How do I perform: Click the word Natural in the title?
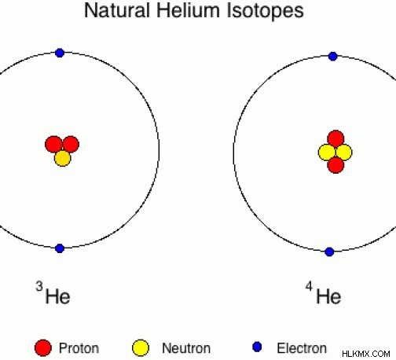(x=117, y=10)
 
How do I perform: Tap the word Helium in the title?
(x=188, y=10)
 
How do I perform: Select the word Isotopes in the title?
(x=265, y=11)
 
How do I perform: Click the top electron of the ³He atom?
(x=60, y=53)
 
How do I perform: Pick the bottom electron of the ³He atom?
(x=60, y=248)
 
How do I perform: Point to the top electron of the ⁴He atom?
(x=332, y=57)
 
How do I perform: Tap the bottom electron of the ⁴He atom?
(x=329, y=252)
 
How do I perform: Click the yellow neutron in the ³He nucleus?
(x=63, y=158)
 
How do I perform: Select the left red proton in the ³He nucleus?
(x=53, y=144)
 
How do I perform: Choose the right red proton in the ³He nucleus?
(x=71, y=144)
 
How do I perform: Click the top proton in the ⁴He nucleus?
(x=335, y=138)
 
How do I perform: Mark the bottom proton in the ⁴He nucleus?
(x=335, y=165)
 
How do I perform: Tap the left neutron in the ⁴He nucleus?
(x=327, y=152)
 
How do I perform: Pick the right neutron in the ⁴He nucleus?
(x=343, y=152)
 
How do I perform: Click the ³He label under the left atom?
(x=53, y=293)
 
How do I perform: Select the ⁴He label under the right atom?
(x=323, y=293)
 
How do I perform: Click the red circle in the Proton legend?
(x=43, y=348)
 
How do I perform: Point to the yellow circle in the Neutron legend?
(x=141, y=348)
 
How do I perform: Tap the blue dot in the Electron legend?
(x=257, y=347)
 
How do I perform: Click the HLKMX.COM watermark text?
(x=366, y=354)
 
